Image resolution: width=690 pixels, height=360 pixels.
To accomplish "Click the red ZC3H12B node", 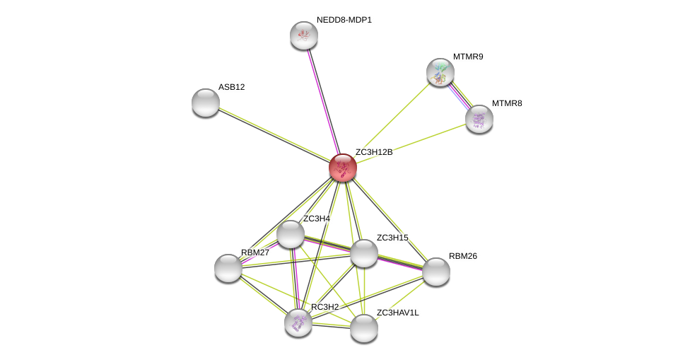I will (343, 168).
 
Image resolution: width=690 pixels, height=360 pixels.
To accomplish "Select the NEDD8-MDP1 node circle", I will (304, 35).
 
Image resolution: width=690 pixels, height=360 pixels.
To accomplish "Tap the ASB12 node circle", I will (206, 103).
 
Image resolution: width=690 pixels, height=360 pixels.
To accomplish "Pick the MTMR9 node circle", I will (440, 72).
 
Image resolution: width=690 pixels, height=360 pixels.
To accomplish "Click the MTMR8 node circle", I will (479, 119).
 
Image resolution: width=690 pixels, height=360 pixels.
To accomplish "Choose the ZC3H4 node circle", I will (291, 234).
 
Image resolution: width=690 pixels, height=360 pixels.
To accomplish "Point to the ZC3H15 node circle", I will (364, 253).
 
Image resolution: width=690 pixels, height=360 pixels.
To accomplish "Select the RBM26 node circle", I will (436, 272).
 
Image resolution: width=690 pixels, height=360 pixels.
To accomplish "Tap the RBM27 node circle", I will (228, 268).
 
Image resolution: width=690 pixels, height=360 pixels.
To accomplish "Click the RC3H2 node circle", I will (298, 323).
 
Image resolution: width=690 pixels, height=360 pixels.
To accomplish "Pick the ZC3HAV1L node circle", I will (364, 328).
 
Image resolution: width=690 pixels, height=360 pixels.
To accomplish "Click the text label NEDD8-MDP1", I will (344, 20).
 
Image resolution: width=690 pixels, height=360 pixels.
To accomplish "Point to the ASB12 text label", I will (231, 87).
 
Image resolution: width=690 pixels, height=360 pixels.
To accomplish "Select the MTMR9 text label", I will (468, 57).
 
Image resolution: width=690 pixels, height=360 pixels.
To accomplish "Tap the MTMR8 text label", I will (507, 103).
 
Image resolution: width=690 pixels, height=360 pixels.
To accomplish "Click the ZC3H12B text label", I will (373, 152).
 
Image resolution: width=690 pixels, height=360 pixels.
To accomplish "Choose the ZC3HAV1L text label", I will (397, 313).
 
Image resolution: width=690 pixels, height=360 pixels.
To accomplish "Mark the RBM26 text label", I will (462, 256).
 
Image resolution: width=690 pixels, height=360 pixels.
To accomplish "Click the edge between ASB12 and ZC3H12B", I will (274, 135).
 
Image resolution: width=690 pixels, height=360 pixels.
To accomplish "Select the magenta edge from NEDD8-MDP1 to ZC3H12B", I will (323, 101).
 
